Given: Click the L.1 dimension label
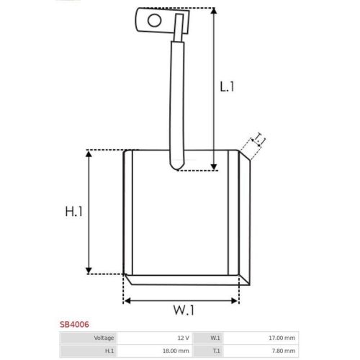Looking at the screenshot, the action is [x=227, y=86].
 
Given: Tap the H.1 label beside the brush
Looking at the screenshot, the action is [x=73, y=212].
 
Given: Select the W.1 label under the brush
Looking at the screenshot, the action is [x=184, y=310].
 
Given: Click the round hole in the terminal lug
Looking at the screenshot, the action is [x=154, y=20].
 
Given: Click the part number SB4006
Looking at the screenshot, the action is [x=74, y=325].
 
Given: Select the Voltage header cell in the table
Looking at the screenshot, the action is [x=89, y=338].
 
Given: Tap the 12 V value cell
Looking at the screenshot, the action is [x=155, y=338].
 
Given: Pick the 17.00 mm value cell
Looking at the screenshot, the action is [x=261, y=338].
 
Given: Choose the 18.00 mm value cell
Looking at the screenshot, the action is [x=155, y=351].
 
